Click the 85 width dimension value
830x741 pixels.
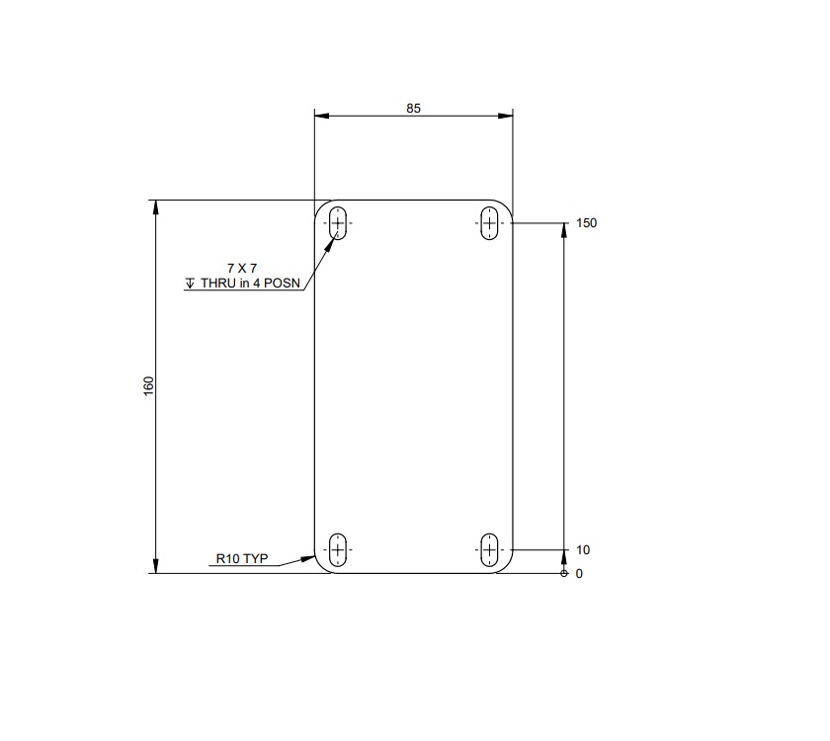pos(413,109)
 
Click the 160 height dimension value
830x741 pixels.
pos(148,385)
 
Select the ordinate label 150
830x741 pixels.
pos(587,223)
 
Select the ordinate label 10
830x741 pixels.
pos(583,550)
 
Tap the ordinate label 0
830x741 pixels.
pos(579,573)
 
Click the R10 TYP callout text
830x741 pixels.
pos(242,558)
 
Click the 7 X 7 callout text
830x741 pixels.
pos(241,268)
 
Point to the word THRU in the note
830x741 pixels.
pos(218,283)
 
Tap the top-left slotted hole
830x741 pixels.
pos(339,223)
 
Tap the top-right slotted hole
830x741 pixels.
pos(489,223)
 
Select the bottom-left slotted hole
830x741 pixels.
pos(338,549)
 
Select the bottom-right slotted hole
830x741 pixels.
pos(489,549)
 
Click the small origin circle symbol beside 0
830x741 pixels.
pos(563,573)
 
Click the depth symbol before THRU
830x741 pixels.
pos(191,283)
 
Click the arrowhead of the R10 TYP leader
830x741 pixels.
pos(313,558)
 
